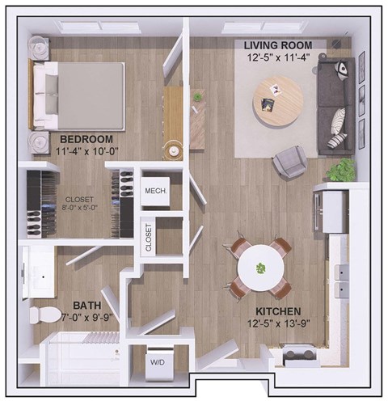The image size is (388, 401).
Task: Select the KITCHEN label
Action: [279, 311]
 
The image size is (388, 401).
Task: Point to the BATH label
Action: [86, 306]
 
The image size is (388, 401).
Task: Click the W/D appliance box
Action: [156, 363]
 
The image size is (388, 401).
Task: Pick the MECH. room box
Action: [155, 192]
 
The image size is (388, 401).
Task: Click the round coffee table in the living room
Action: [276, 99]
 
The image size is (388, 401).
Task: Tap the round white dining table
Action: [261, 266]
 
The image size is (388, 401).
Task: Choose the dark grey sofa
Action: [335, 105]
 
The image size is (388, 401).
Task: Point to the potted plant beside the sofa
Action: [343, 170]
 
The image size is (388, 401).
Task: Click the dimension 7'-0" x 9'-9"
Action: [87, 319]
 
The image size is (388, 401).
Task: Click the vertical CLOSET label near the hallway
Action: [147, 236]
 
